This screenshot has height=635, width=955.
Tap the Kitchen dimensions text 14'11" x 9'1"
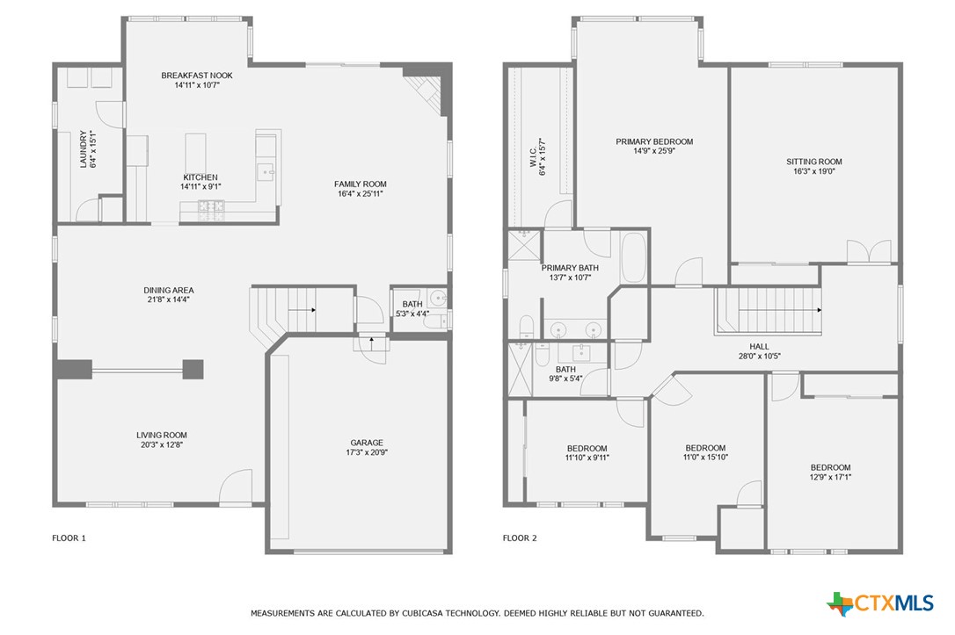point(200,187)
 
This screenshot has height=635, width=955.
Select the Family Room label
point(361,184)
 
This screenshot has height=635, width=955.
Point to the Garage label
point(367,443)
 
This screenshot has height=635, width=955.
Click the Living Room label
point(162,435)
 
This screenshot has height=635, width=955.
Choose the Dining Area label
point(169,290)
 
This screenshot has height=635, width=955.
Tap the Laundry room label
point(84,150)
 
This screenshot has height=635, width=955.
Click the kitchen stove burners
point(212,207)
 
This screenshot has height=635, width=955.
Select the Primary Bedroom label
point(654,141)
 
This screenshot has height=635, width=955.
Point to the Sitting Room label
point(814,162)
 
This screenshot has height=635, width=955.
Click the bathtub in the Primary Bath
point(633,257)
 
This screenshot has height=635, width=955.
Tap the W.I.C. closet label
point(534,158)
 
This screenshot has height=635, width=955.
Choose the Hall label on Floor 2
point(759,346)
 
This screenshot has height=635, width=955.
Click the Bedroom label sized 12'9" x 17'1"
point(830,467)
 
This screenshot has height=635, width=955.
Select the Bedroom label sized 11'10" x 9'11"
point(587,448)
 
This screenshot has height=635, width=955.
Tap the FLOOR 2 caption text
point(518,538)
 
